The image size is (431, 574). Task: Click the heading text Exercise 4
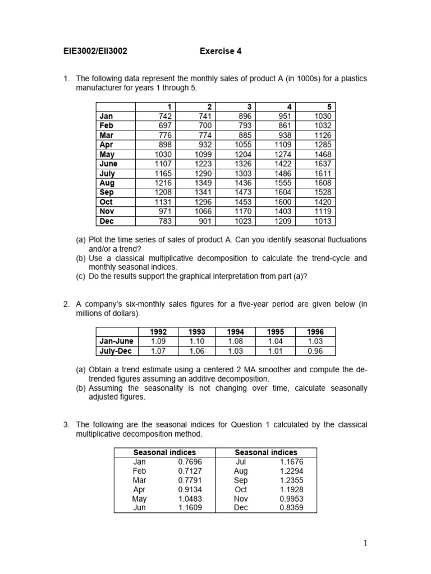pyautogui.click(x=221, y=51)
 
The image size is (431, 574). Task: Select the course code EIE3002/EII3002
pyautogui.click(x=95, y=51)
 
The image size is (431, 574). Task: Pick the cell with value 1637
pyautogui.click(x=322, y=164)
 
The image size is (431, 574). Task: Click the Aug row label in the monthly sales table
pyautogui.click(x=107, y=183)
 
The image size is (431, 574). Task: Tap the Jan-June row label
pyautogui.click(x=116, y=341)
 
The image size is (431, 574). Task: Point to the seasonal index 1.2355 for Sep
pyautogui.click(x=291, y=480)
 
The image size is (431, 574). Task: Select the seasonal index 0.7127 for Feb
pyautogui.click(x=190, y=471)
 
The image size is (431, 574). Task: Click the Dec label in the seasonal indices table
pyautogui.click(x=241, y=508)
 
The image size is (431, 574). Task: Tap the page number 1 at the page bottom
pyautogui.click(x=365, y=543)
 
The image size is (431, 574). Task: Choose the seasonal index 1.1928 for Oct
pyautogui.click(x=291, y=489)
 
